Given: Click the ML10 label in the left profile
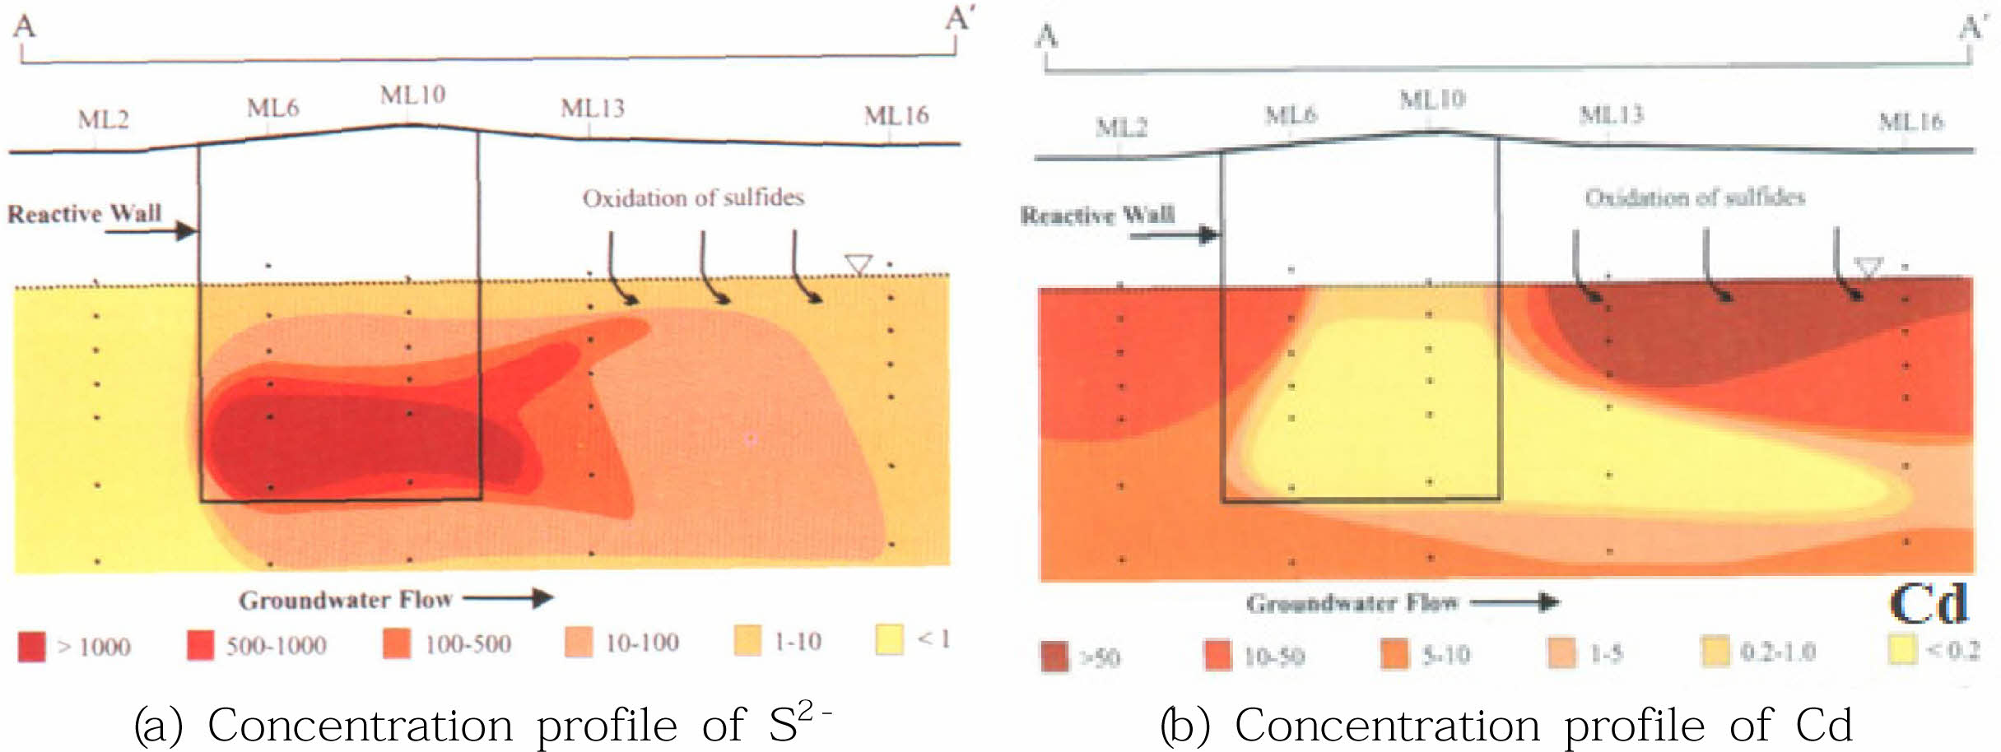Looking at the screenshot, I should [412, 95].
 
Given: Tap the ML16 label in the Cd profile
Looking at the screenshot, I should [1910, 123].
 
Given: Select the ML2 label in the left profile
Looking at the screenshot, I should [103, 120].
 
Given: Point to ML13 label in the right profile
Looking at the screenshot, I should [1610, 115].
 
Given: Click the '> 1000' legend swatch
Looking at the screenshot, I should [32, 647].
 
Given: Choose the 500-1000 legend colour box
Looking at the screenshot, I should [200, 645].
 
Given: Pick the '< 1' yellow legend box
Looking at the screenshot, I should [890, 639].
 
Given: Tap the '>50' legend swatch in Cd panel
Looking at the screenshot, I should [1054, 657].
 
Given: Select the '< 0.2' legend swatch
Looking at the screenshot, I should [1902, 650].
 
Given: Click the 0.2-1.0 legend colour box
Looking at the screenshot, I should [1715, 652].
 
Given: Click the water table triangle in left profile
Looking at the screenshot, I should [858, 265].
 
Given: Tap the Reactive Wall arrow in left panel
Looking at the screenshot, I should [151, 231].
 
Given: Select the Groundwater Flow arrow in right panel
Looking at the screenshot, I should [1515, 603].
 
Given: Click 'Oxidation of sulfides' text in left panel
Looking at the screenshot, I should [693, 198].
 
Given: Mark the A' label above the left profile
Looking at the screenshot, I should [958, 18].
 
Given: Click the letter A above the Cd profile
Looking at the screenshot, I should [1046, 36].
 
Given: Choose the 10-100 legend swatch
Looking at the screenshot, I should [579, 642].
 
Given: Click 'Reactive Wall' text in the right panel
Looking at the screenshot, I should [1097, 216].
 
